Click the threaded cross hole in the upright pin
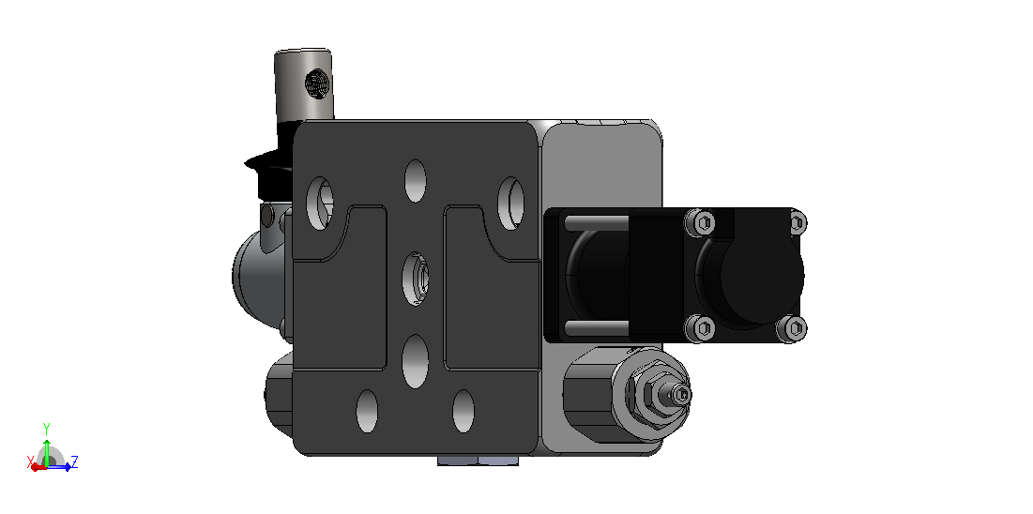click(317, 83)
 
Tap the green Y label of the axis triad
click(46, 428)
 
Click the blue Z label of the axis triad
click(74, 461)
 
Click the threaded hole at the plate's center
click(416, 278)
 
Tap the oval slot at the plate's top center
click(415, 181)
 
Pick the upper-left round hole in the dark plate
click(320, 203)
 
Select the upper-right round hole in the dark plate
click(510, 204)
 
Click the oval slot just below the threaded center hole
click(416, 361)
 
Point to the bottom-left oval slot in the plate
click(367, 411)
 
